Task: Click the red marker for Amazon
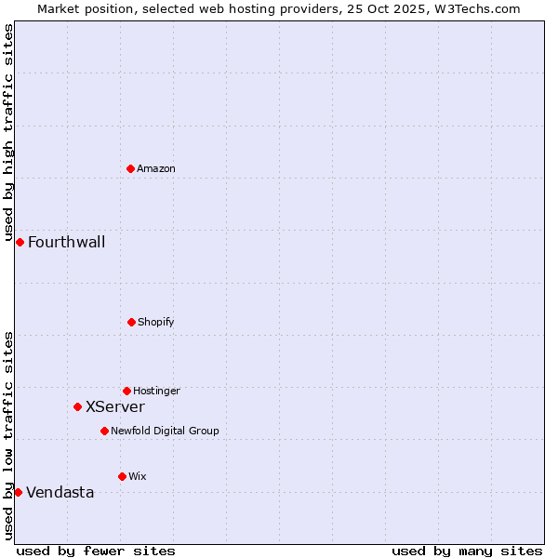(130, 168)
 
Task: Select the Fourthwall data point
(20, 242)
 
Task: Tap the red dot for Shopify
(131, 322)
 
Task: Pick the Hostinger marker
(126, 391)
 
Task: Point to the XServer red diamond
(77, 406)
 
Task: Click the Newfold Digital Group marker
(104, 431)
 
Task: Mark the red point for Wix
(122, 476)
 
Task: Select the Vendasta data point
(18, 492)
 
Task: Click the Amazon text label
(156, 168)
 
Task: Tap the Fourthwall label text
(66, 243)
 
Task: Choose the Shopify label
(156, 322)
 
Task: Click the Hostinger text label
(156, 391)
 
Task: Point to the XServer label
(115, 406)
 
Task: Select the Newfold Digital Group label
(165, 431)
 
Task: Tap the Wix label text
(138, 476)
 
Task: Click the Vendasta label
(60, 493)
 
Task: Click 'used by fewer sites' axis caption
(96, 551)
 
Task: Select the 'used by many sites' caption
(467, 551)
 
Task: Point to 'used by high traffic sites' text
(8, 132)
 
